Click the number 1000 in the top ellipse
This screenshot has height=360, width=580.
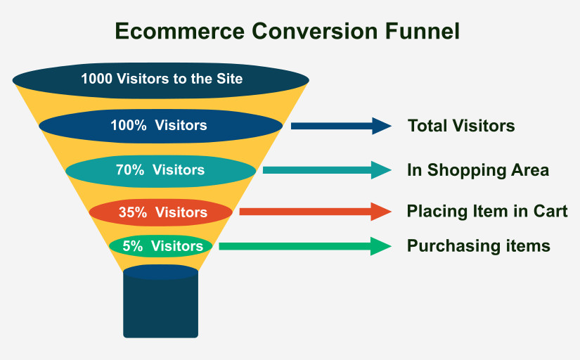coord(96,78)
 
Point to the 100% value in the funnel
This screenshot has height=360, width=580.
coord(129,126)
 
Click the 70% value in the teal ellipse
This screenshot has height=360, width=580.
coord(129,169)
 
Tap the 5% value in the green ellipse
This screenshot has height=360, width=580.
coord(131,246)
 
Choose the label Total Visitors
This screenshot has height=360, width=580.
coord(461,127)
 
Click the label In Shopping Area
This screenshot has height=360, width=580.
coord(478,170)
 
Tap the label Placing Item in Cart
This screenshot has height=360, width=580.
coord(487,212)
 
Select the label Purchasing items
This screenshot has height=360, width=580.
coord(479,246)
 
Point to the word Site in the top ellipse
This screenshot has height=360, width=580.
coord(229,78)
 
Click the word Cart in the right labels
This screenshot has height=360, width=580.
coord(552,212)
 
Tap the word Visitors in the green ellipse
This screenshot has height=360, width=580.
coord(177,246)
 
